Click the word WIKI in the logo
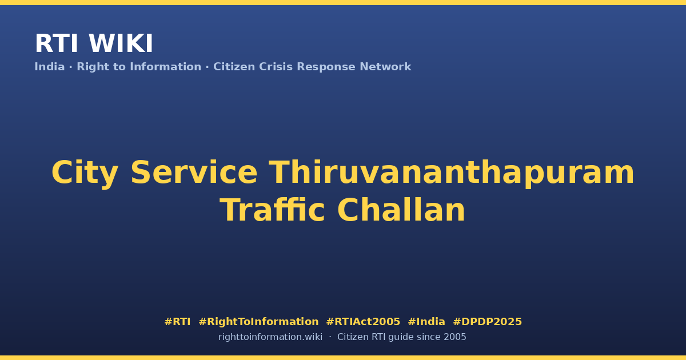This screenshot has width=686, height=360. tap(121, 43)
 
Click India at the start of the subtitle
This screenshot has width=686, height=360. tap(50, 67)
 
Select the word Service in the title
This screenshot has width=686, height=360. tap(194, 173)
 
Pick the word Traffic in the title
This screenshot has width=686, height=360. tap(272, 210)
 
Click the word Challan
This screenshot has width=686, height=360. tap(401, 210)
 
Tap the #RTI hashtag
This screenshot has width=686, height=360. tap(177, 322)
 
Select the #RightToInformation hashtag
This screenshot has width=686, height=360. tap(258, 322)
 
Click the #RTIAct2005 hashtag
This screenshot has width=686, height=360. tap(363, 322)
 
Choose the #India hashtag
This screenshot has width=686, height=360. tap(426, 322)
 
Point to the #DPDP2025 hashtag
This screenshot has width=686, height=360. tap(487, 322)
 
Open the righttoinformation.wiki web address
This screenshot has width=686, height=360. tap(270, 337)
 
